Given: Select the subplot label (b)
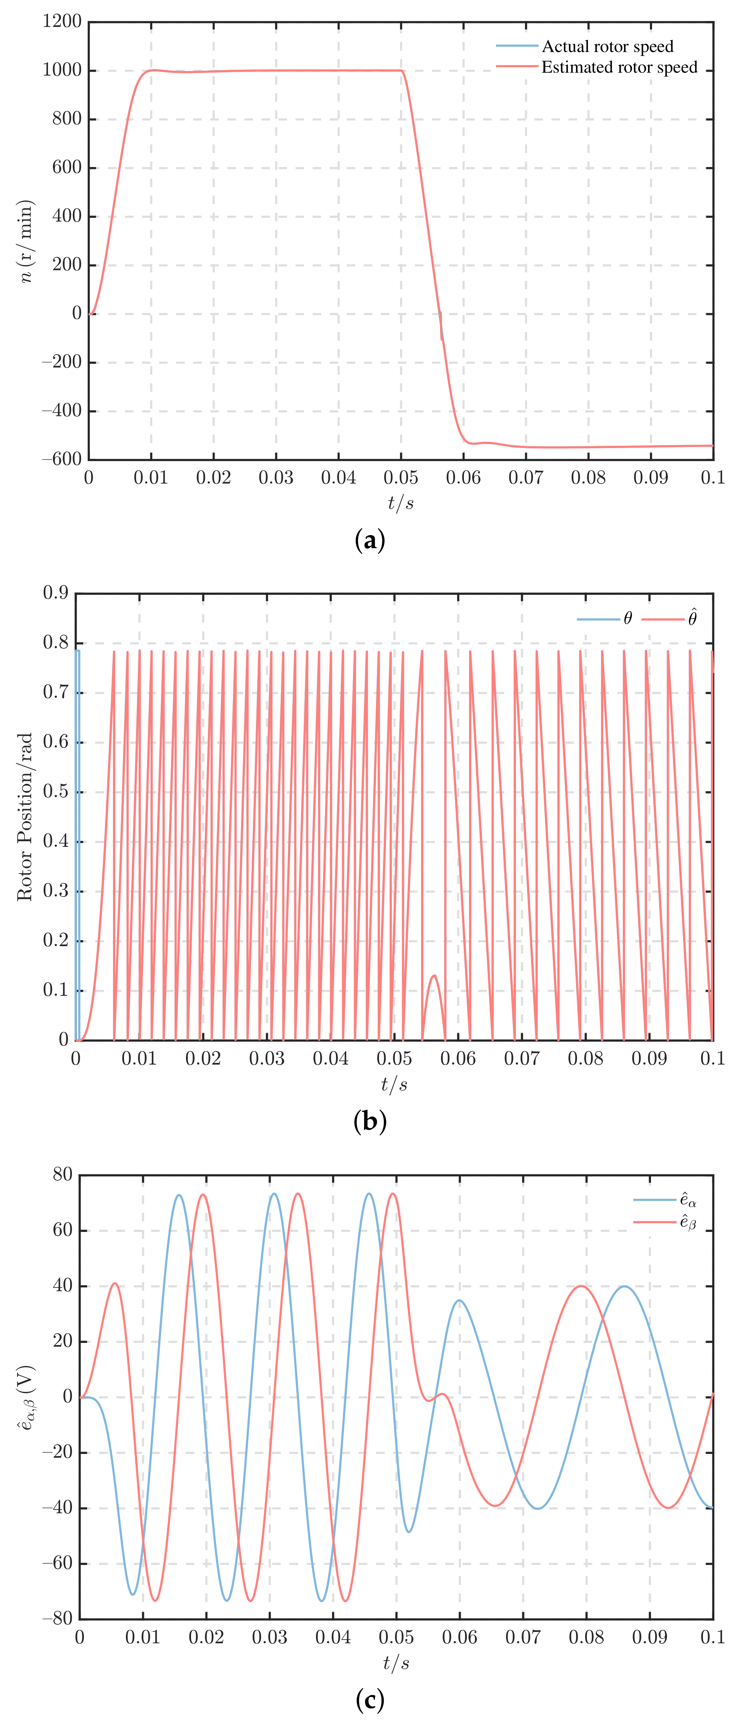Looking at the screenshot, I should coord(370,1122).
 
